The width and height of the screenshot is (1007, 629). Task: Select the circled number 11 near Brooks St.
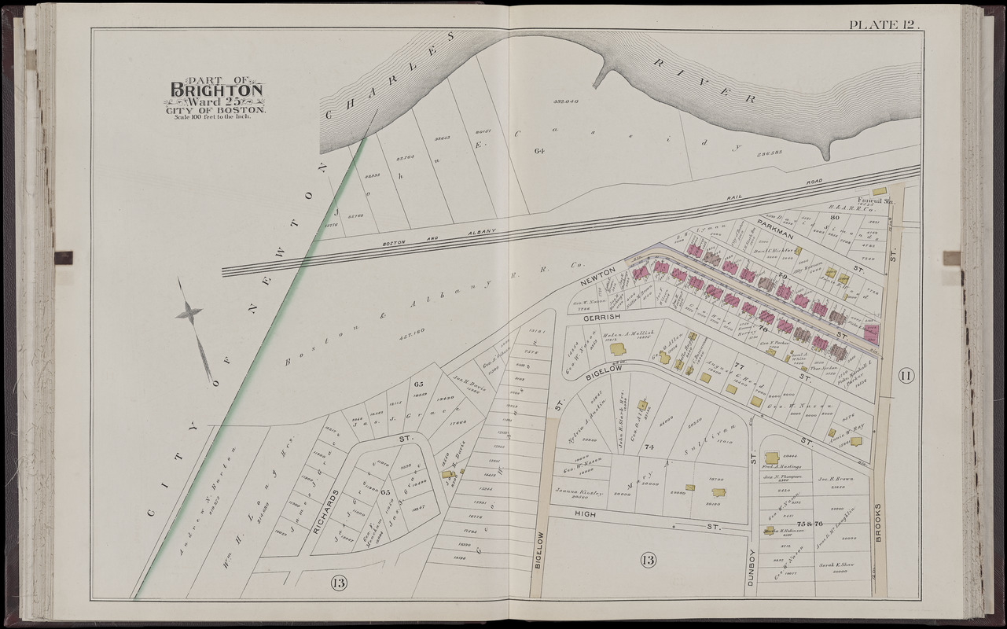coord(905,375)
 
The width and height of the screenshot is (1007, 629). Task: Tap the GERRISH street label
coord(602,316)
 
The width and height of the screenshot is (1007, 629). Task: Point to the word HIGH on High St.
coord(583,513)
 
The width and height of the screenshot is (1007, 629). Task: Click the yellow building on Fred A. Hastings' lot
coord(772,458)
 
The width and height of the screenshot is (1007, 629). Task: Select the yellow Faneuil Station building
coord(880,191)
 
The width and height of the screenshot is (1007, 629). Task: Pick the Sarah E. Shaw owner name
coord(838,565)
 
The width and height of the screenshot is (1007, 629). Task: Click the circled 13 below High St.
coord(649,561)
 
